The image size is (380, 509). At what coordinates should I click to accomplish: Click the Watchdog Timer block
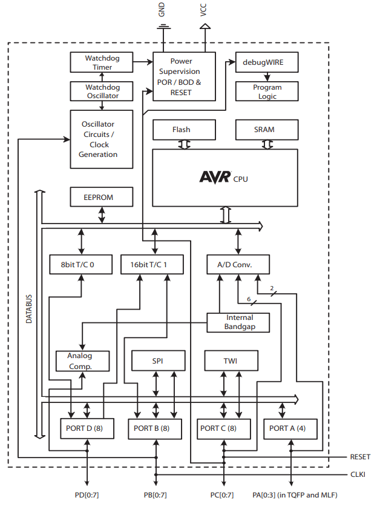pos(102,62)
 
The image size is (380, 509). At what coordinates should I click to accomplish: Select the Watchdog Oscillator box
pos(102,91)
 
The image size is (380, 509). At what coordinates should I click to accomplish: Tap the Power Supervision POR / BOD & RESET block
pos(184,76)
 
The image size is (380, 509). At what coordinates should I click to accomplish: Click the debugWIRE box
pos(266,62)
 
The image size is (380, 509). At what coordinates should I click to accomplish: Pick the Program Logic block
pos(266,91)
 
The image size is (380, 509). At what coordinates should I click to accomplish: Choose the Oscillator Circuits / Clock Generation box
pos(99,139)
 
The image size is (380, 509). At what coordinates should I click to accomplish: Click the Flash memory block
pos(183,130)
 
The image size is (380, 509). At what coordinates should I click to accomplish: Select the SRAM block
pos(266,130)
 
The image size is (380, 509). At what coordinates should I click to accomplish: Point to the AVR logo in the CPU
pos(215,177)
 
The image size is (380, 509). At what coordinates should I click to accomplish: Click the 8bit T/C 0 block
pos(80,264)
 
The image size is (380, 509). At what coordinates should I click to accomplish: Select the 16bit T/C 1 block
pos(153,264)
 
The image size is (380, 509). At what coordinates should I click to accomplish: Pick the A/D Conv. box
pos(237,264)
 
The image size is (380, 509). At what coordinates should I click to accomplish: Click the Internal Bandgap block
pos(239,322)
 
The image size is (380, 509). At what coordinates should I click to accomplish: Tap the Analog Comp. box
pos(82,361)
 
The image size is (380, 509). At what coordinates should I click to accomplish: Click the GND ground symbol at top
pos(163,27)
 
